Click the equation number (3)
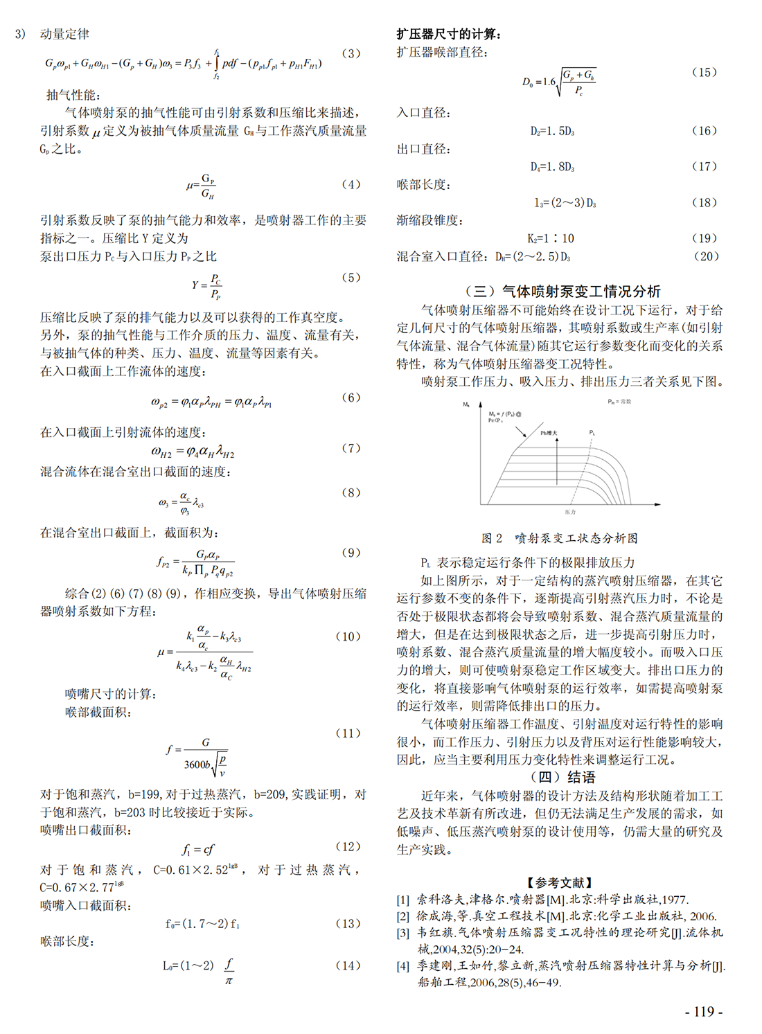351,53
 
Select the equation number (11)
348,733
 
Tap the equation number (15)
704,72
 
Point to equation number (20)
706,256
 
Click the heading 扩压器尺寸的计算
449,34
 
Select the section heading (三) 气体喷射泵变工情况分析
562,292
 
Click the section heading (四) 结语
562,777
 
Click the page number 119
703,1011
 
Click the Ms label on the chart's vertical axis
466,404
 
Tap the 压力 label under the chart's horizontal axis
569,512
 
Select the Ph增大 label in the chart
549,433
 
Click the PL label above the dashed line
592,433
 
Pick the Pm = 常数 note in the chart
619,402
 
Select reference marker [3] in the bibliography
403,933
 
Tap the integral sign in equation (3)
217,64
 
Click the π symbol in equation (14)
229,981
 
